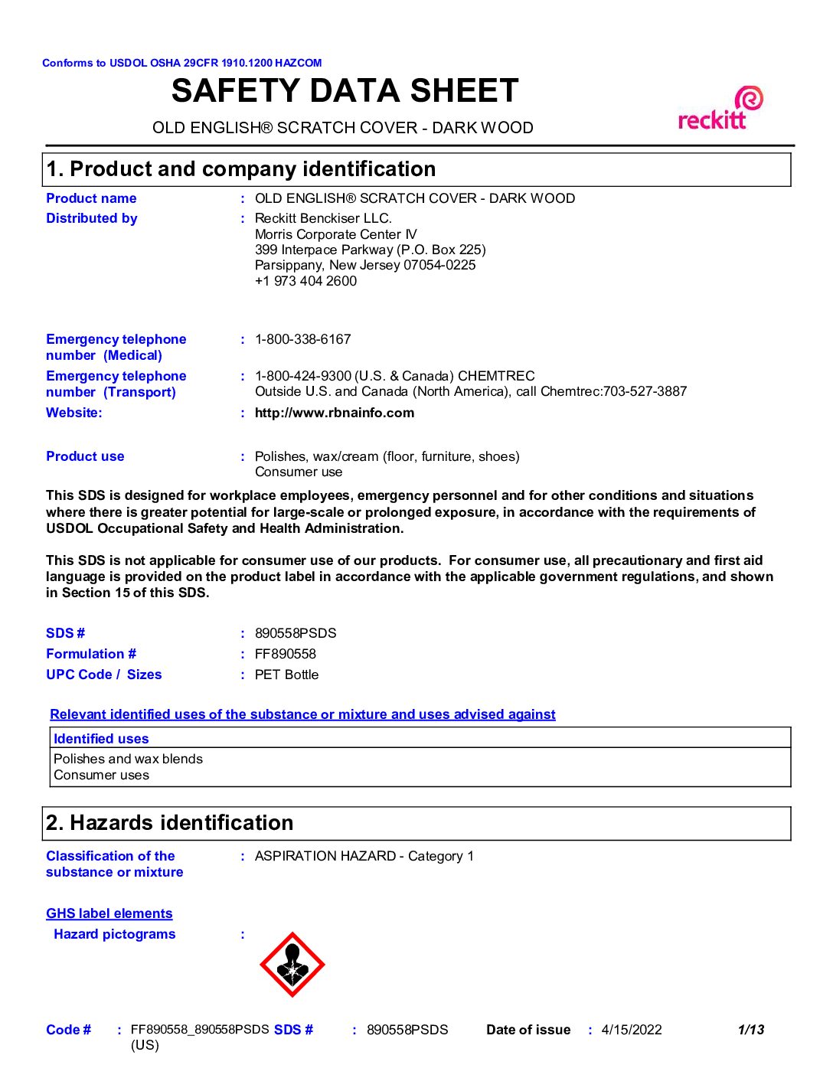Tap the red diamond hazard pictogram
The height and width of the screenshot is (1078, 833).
[292, 965]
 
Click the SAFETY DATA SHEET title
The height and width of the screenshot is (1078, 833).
[345, 91]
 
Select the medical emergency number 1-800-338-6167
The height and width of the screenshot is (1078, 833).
[302, 339]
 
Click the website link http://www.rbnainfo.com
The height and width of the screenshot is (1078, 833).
[334, 413]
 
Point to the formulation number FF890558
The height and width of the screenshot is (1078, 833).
[285, 654]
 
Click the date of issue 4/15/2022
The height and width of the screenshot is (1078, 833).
[631, 1030]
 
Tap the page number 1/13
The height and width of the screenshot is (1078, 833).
[750, 1030]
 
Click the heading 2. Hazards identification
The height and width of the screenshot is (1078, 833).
[169, 823]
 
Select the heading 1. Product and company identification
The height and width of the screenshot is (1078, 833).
[241, 169]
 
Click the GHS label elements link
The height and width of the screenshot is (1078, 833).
[109, 913]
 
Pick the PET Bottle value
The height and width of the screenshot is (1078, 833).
[286, 675]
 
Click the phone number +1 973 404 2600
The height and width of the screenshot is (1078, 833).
[305, 281]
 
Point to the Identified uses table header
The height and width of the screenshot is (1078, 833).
[101, 739]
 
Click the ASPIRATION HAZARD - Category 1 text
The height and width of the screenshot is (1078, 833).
[364, 856]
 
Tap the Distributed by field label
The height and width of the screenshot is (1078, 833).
[91, 218]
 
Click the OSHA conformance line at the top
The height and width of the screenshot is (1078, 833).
[181, 63]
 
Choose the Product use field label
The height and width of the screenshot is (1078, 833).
[84, 456]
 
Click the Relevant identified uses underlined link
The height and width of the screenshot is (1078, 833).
[302, 714]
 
